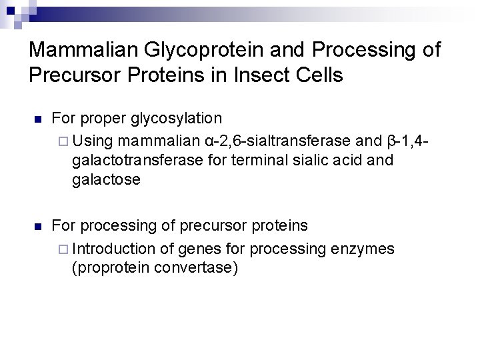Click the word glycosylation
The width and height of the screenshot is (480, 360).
176,119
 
